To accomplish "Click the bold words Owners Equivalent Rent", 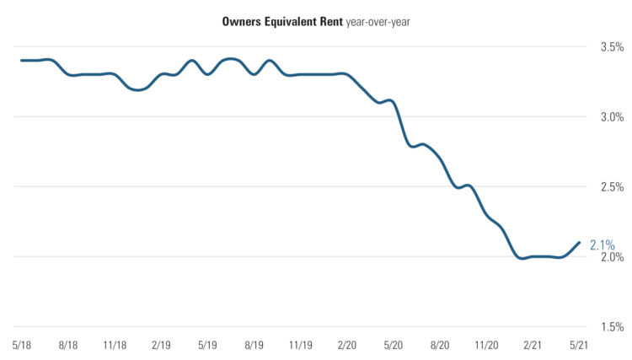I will (x=281, y=21).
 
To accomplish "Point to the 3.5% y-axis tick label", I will (x=609, y=47).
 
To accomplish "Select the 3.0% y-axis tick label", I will (x=609, y=117).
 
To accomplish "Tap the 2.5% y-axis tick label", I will (x=609, y=187).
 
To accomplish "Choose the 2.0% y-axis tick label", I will (x=609, y=257).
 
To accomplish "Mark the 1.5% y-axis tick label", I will (x=609, y=327).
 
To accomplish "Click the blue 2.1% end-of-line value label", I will (x=602, y=245).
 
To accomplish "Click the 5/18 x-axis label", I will (x=23, y=345).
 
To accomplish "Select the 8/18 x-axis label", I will (x=69, y=345).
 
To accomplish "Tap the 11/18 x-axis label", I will (x=115, y=345).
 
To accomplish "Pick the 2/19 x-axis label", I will (x=161, y=345).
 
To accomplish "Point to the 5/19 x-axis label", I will (x=207, y=345).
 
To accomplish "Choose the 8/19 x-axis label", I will (x=254, y=345).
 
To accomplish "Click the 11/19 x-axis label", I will (x=300, y=345).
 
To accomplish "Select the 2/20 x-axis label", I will (x=346, y=345).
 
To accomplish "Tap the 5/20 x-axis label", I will (x=393, y=345).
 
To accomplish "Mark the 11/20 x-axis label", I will (x=485, y=345).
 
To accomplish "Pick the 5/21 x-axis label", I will (x=578, y=345).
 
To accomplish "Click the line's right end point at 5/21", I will (x=579, y=243).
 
